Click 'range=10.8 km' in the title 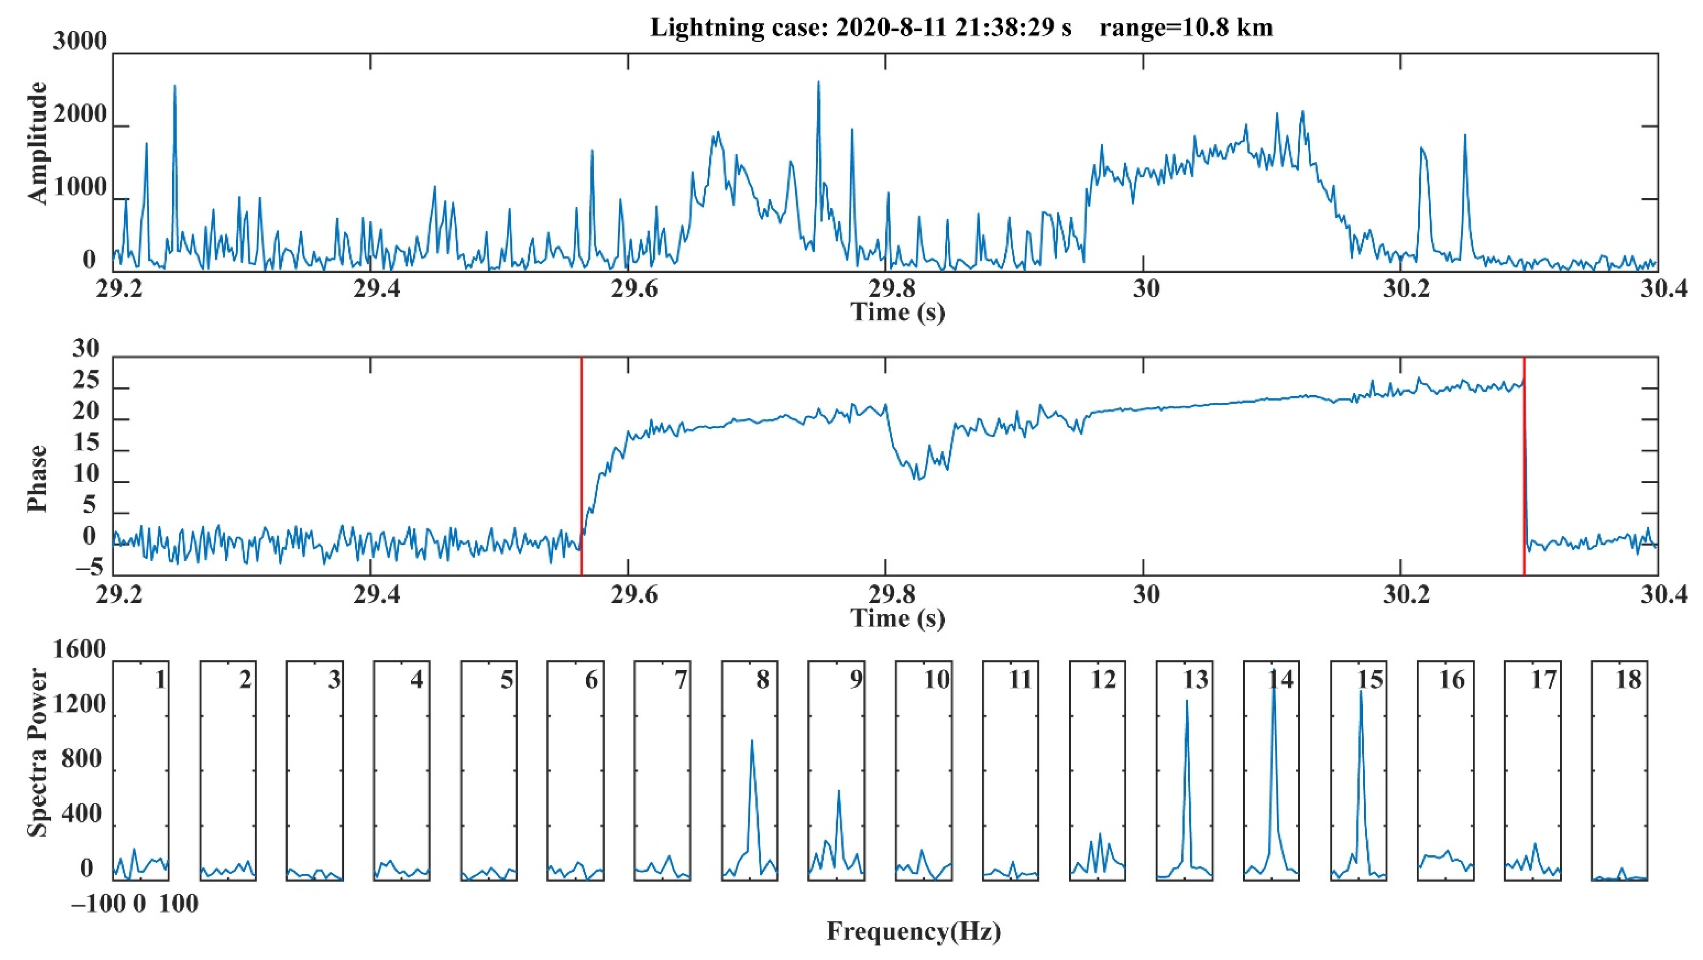click(1186, 28)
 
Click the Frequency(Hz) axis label click(914, 931)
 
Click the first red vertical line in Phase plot click(581, 463)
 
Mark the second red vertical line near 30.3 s click(1524, 463)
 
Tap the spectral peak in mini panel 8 click(752, 742)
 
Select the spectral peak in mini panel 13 click(1187, 702)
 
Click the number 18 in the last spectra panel click(1628, 680)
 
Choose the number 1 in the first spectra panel click(159, 680)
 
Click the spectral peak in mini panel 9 click(839, 791)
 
